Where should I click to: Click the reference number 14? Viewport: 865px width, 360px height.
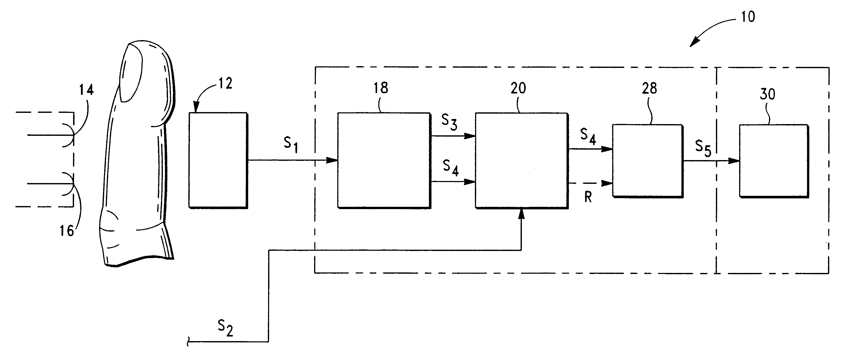click(x=86, y=90)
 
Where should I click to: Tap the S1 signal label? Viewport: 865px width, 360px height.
click(x=291, y=145)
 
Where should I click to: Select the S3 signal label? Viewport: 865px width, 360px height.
click(x=449, y=122)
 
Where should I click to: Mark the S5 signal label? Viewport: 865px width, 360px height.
click(x=703, y=148)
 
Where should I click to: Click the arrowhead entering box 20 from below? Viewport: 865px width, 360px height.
click(x=521, y=213)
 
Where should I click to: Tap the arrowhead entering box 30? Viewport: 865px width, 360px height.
click(x=734, y=161)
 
